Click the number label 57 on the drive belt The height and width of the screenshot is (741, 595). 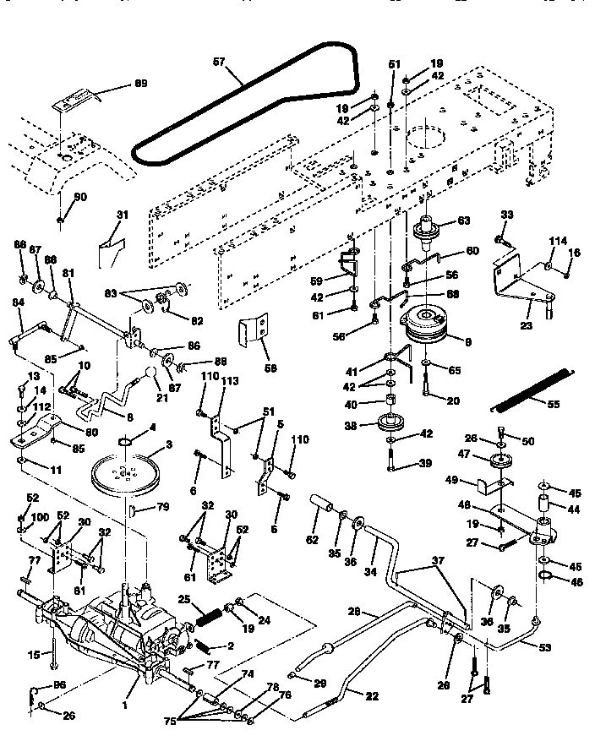point(218,63)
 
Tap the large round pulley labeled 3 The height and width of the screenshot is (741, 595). point(126,477)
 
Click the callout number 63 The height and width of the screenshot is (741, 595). point(463,222)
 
